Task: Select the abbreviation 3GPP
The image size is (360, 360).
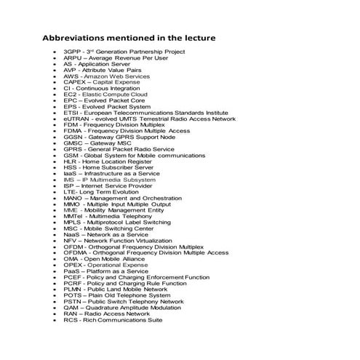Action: tap(72, 52)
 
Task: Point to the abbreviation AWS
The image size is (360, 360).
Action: tap(71, 76)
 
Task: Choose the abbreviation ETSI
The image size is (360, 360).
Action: tap(71, 113)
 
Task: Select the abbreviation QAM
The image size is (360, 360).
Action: tap(71, 307)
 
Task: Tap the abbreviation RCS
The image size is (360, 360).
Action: tap(71, 319)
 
